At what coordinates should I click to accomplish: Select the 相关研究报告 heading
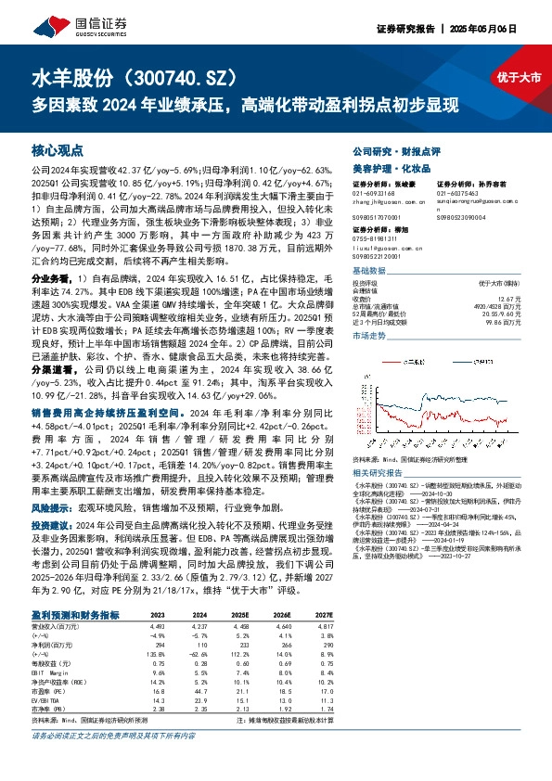pyautogui.click(x=377, y=471)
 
